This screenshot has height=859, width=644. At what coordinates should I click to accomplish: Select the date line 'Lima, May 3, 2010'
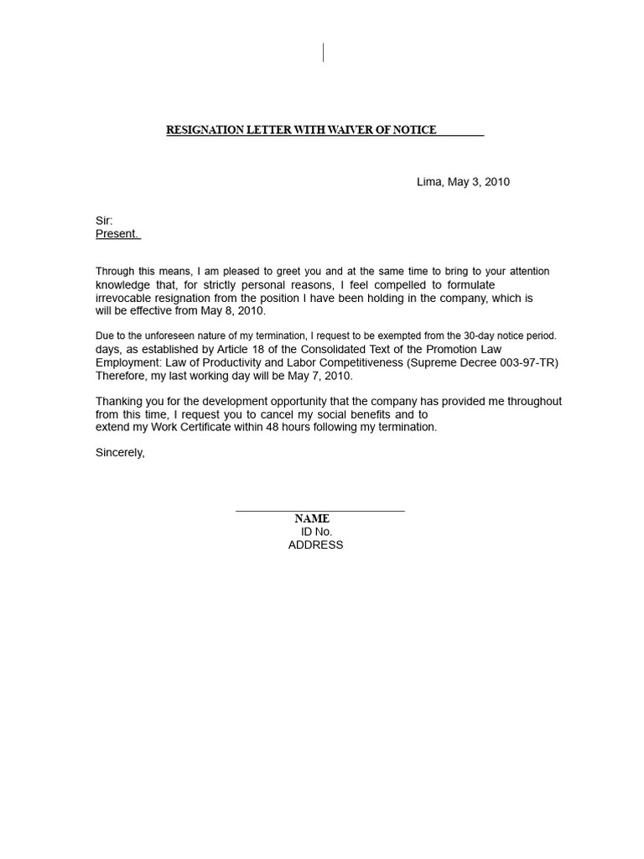pyautogui.click(x=463, y=182)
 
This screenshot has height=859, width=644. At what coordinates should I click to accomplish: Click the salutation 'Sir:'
pyautogui.click(x=104, y=221)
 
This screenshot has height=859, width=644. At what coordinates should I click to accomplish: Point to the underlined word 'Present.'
pyautogui.click(x=117, y=234)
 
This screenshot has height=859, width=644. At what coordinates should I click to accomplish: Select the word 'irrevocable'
pyautogui.click(x=123, y=298)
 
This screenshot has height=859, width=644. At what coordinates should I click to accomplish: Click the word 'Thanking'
pyautogui.click(x=119, y=402)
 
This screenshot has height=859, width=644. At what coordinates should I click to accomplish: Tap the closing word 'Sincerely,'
pyautogui.click(x=120, y=453)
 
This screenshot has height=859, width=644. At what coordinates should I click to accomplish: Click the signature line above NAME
pyautogui.click(x=319, y=510)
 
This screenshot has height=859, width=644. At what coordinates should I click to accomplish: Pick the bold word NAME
pyautogui.click(x=312, y=519)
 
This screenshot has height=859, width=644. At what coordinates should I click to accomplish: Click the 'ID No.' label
pyautogui.click(x=316, y=532)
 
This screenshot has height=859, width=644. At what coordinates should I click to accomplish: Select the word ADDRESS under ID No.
pyautogui.click(x=315, y=545)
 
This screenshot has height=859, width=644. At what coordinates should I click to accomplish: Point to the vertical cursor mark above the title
pyautogui.click(x=323, y=53)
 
